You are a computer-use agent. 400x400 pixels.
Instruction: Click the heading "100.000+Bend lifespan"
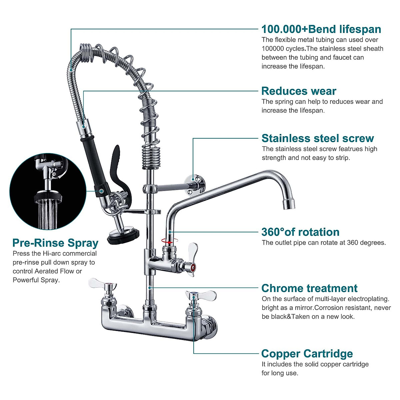point(321,29)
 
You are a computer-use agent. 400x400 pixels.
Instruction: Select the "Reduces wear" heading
point(299,91)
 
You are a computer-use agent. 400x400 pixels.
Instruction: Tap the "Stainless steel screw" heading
point(318,138)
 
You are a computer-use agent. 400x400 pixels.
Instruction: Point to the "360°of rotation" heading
point(300,232)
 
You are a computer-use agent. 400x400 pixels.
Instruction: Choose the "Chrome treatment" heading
point(309,288)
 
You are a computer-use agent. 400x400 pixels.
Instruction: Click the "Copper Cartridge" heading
point(307,354)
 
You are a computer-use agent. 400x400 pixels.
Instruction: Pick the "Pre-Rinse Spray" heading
point(55,243)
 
